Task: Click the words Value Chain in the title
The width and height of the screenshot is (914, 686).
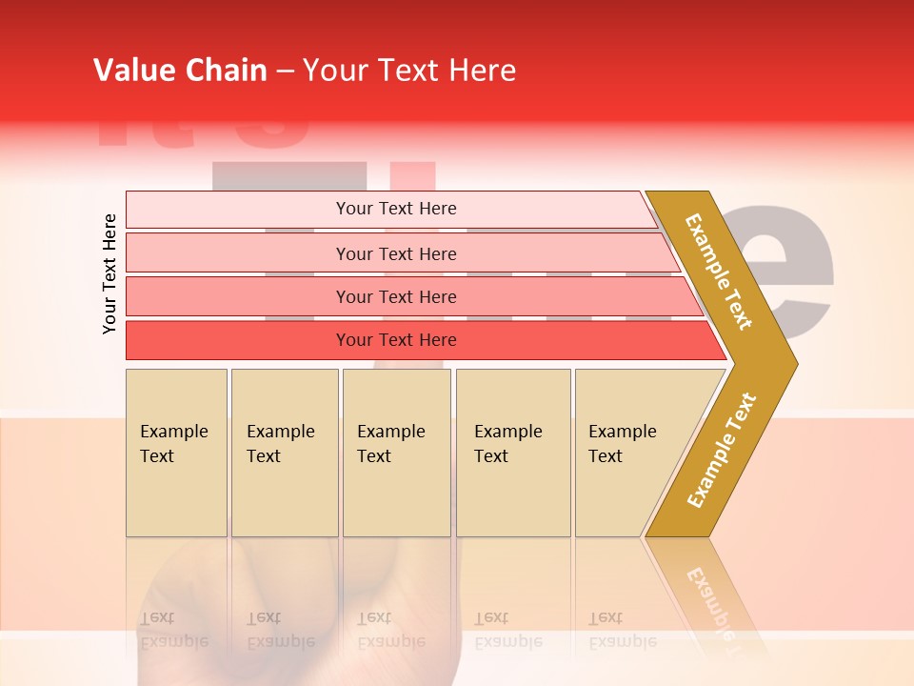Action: [x=180, y=71]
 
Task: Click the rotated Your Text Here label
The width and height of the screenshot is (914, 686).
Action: [x=109, y=273]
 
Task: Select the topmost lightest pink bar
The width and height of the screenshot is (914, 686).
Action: [x=238, y=209]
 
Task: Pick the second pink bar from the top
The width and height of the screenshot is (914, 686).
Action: [x=238, y=253]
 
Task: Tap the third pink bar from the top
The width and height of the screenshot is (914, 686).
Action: [x=238, y=296]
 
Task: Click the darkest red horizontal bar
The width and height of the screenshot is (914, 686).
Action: [x=238, y=340]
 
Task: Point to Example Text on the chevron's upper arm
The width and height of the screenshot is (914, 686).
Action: [x=719, y=272]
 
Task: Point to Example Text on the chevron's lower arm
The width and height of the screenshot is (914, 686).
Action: [x=722, y=450]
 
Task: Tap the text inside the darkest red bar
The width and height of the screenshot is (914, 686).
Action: [x=396, y=340]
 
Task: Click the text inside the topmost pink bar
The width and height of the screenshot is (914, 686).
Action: [x=396, y=209]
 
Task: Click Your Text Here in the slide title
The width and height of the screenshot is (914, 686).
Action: [x=409, y=71]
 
